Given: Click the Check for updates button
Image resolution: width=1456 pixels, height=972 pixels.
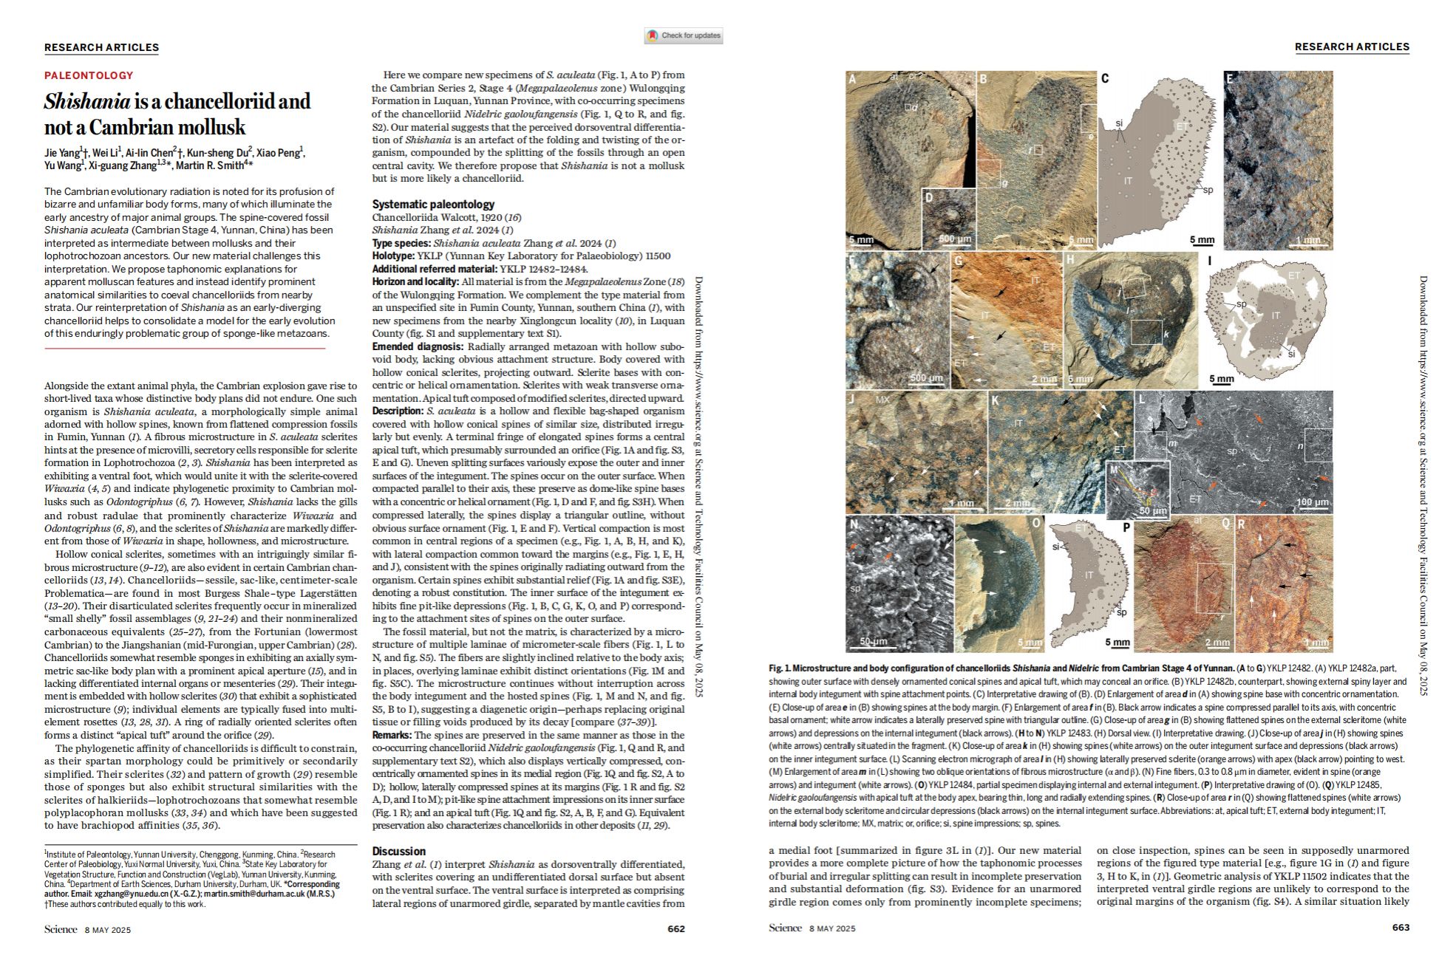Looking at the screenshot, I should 684,35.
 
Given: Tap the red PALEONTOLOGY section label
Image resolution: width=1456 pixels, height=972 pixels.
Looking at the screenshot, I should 89,75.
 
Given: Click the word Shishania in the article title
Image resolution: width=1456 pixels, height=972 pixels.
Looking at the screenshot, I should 87,101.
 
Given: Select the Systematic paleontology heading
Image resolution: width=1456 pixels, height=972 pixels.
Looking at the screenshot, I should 433,204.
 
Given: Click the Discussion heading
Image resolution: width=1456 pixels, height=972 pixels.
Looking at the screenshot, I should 399,851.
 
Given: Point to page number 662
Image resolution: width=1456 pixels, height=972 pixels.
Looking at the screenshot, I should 676,928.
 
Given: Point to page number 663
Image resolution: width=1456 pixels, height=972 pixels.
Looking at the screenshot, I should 1401,928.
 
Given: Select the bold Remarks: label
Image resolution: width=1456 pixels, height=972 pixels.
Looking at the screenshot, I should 392,735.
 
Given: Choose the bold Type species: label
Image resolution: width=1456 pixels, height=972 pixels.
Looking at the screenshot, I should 401,243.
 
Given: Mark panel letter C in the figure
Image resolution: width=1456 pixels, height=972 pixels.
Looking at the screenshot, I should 1105,78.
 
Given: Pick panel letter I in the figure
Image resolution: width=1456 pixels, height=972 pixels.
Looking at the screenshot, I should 1210,281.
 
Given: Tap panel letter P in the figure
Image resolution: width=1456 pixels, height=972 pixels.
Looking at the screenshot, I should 1126,527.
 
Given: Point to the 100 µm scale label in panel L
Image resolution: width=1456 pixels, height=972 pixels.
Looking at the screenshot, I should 1312,502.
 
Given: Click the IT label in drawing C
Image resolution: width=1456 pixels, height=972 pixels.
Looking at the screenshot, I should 1128,180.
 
